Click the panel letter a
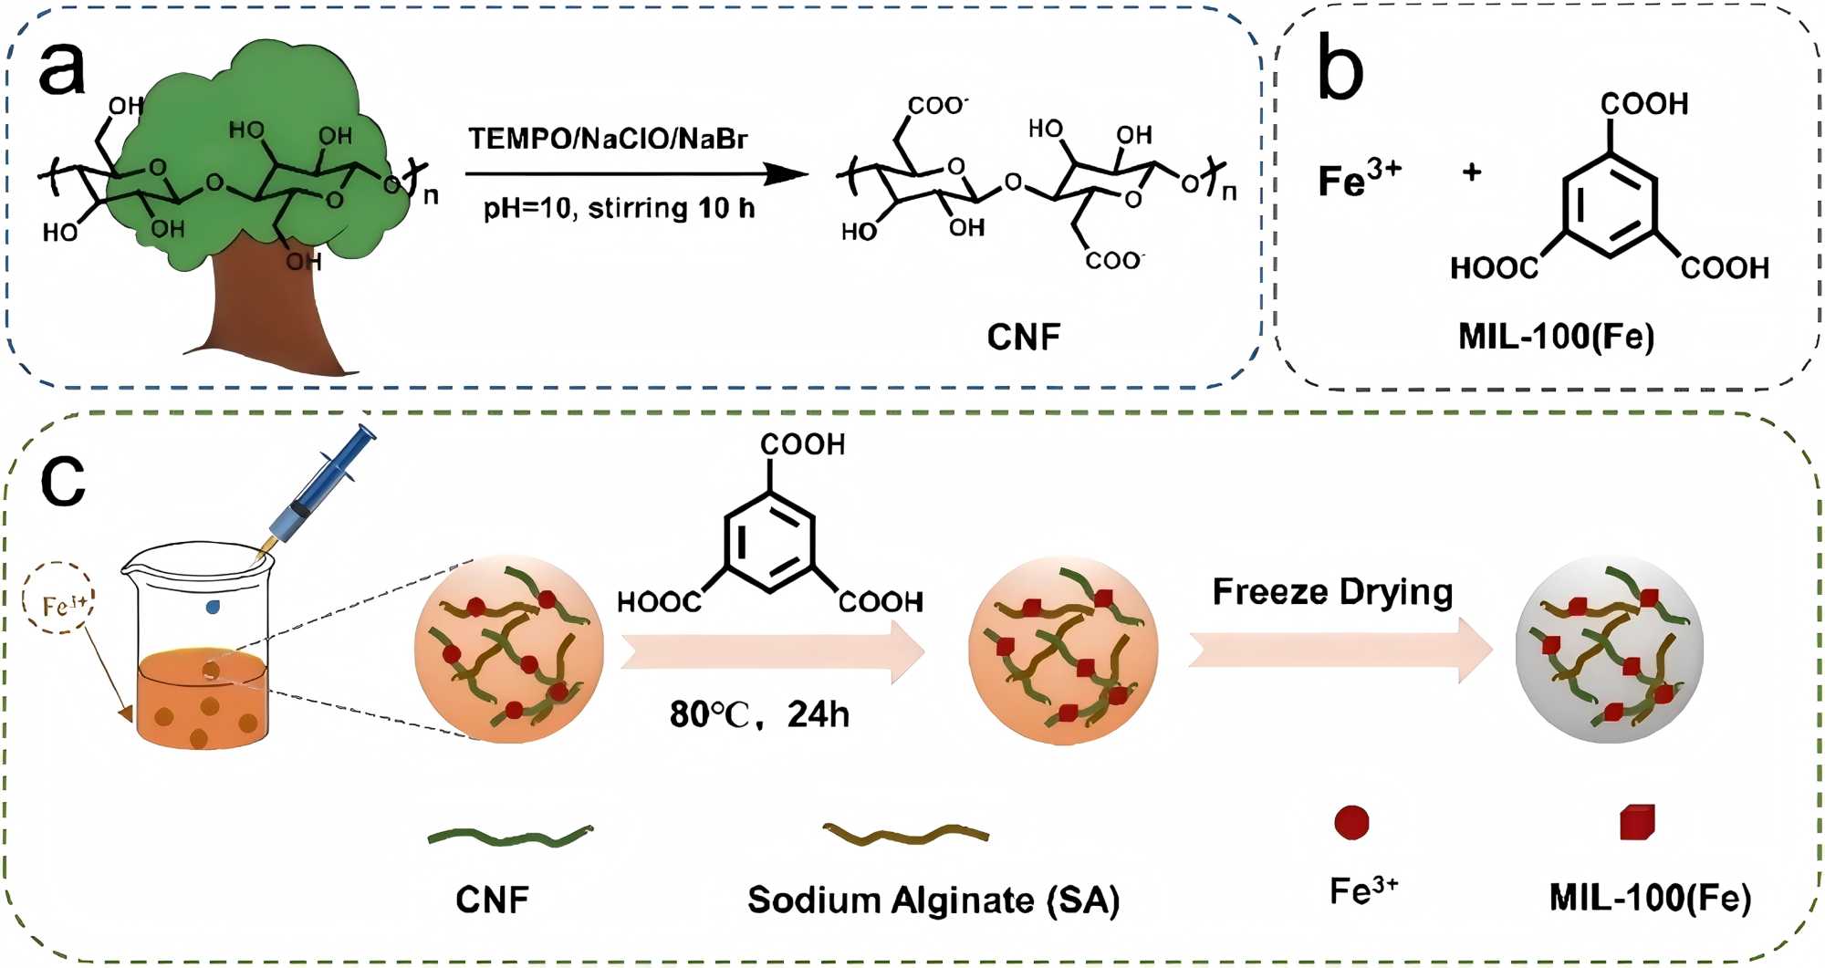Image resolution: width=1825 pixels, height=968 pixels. tap(62, 69)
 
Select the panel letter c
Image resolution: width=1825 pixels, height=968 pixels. tap(62, 480)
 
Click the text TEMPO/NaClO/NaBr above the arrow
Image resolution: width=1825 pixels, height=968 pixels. tap(608, 139)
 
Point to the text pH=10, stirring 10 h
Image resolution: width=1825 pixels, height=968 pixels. tap(619, 209)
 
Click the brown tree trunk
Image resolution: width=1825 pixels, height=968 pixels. tap(265, 310)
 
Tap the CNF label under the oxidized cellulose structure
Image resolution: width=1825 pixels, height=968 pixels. tap(1024, 337)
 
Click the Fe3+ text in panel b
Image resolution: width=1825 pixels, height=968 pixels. tap(1359, 178)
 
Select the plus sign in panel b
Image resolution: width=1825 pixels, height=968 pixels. tap(1472, 172)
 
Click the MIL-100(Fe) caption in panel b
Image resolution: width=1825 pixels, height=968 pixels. tap(1556, 337)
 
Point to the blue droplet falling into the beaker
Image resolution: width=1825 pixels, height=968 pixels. tap(213, 607)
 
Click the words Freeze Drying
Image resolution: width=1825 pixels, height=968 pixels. tap(1332, 592)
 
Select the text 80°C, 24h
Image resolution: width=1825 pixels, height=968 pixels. tap(759, 714)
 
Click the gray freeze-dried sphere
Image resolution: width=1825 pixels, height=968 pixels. tap(1609, 650)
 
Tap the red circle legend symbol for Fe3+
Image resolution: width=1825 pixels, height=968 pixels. tap(1351, 822)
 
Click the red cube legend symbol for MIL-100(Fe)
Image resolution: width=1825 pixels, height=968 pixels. tap(1637, 822)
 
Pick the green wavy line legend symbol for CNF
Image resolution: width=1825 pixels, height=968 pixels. tap(510, 835)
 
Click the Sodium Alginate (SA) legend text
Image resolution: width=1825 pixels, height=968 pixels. tap(933, 900)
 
